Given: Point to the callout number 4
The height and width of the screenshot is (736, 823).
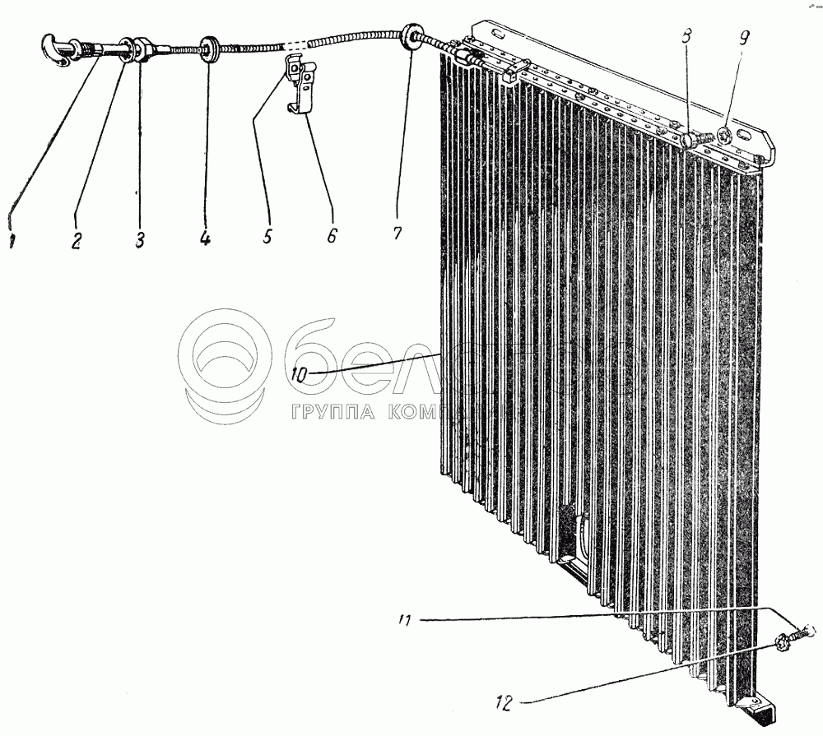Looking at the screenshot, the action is pyautogui.click(x=204, y=239).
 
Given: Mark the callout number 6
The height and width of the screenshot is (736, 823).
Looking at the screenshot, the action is pyautogui.click(x=331, y=236).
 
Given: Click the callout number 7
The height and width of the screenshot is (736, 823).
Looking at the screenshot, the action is pyautogui.click(x=397, y=234).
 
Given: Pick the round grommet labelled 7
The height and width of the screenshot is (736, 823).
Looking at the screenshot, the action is pyautogui.click(x=409, y=37).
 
